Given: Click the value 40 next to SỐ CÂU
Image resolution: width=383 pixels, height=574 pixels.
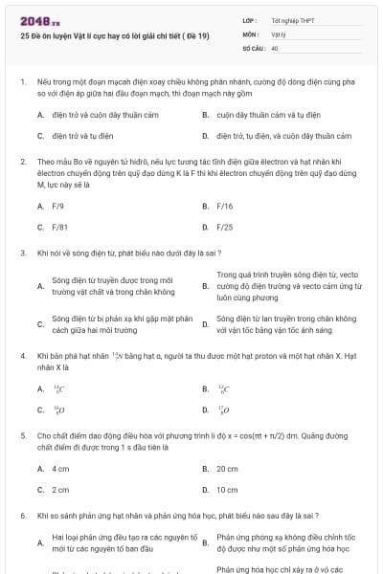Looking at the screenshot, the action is (x=275, y=48).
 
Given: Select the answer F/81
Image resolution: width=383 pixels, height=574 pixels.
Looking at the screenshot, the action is (x=60, y=228).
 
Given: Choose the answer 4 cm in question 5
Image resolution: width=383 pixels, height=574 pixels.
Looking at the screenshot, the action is (x=61, y=469).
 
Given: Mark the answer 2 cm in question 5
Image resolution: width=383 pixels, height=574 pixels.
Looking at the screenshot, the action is (x=61, y=490).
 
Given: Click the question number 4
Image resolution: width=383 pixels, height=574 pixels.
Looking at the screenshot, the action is (x=22, y=356).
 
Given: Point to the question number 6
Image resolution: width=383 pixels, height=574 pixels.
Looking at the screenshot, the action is (x=22, y=516).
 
